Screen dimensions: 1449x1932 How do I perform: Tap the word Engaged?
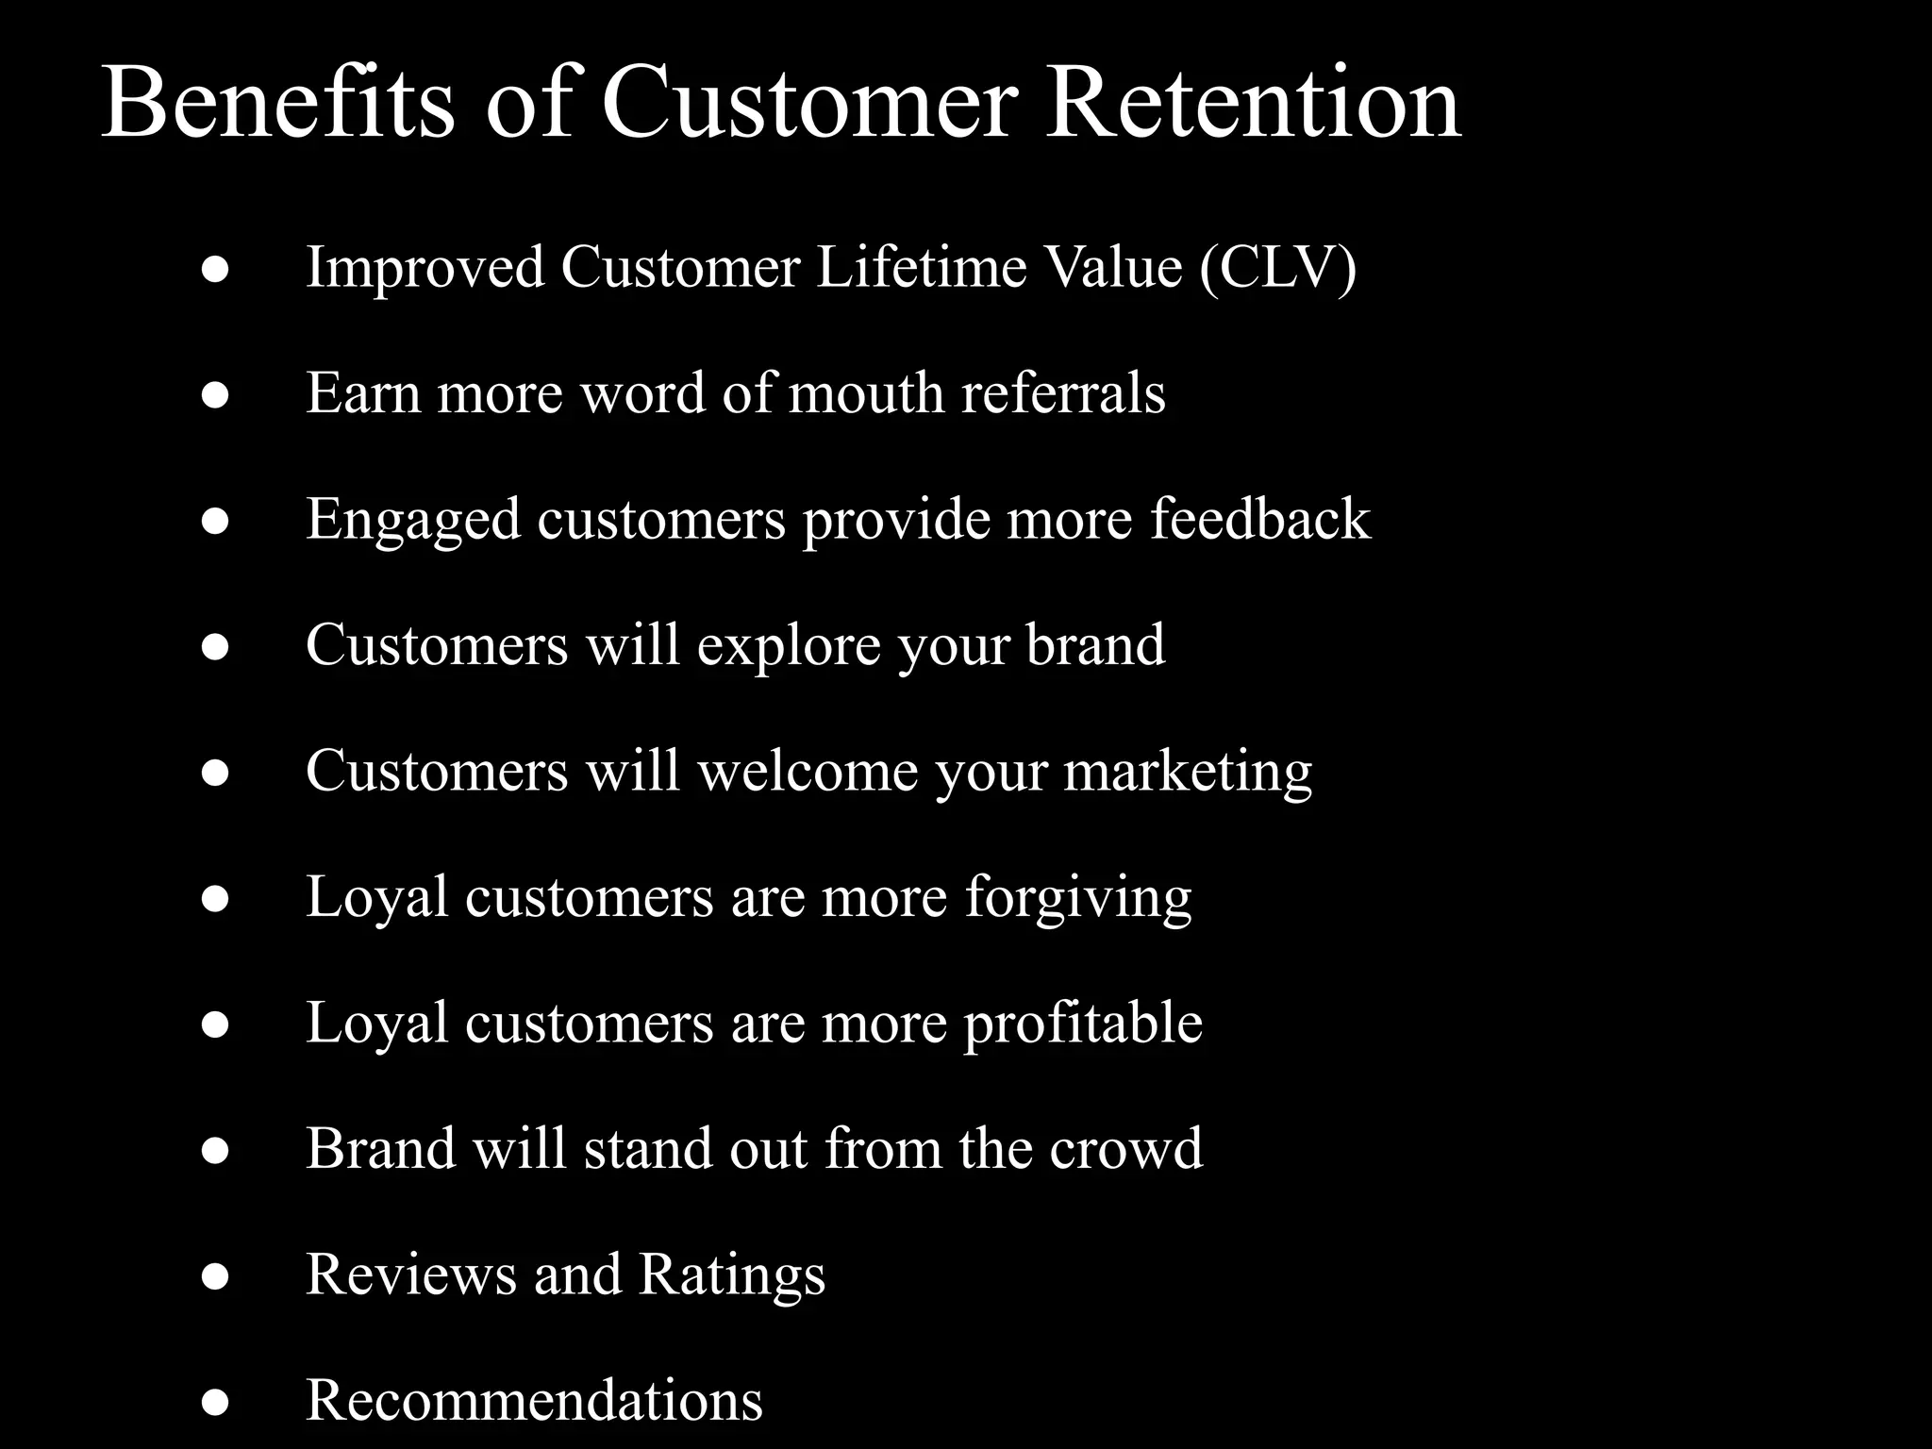(x=412, y=520)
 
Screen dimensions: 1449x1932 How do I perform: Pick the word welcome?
(x=808, y=771)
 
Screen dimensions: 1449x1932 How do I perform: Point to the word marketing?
(x=1188, y=773)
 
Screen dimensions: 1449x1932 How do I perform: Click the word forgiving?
(x=1078, y=898)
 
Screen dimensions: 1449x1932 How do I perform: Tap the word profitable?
(x=1083, y=1024)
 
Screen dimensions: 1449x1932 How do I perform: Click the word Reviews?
(x=410, y=1274)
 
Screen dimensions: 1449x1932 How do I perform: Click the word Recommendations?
(x=534, y=1400)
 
